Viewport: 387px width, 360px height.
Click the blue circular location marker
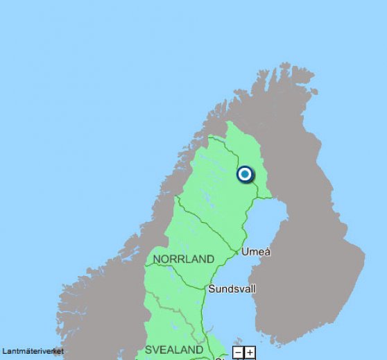click(x=245, y=174)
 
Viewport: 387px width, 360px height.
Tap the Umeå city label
click(x=255, y=252)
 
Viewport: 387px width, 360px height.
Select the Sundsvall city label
click(x=232, y=289)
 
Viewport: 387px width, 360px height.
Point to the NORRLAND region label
click(x=183, y=259)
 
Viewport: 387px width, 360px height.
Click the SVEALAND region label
click(x=174, y=350)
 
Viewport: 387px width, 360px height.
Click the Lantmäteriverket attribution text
click(x=33, y=351)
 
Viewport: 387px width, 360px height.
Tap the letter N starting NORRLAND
click(x=157, y=259)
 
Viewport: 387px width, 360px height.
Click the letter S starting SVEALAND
click(x=148, y=350)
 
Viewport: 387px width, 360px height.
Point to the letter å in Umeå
click(x=267, y=252)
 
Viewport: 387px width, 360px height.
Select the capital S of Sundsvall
click(x=212, y=289)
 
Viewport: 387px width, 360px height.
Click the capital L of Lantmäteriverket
click(x=4, y=351)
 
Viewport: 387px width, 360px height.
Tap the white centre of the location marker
click(x=245, y=174)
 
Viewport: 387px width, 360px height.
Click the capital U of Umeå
click(x=246, y=252)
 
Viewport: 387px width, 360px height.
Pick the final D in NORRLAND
click(x=210, y=259)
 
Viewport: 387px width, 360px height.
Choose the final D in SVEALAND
click(x=200, y=350)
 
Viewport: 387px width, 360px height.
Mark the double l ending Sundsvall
click(x=253, y=289)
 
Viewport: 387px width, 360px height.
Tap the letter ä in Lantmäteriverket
click(x=25, y=351)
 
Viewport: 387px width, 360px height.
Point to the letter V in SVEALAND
click(x=157, y=350)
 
